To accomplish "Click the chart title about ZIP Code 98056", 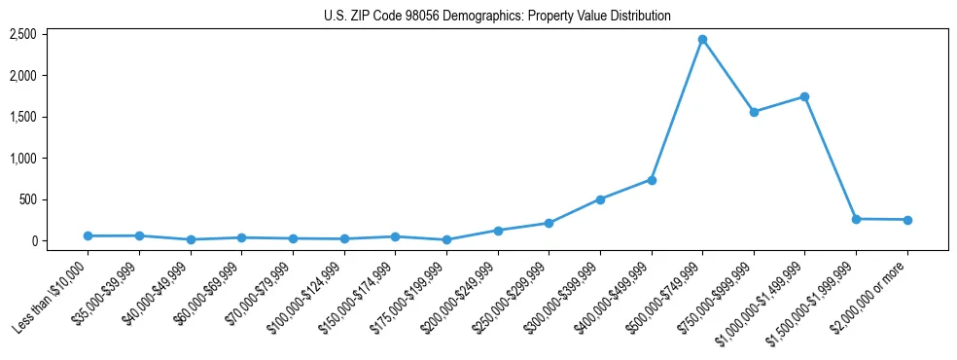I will click(x=497, y=17).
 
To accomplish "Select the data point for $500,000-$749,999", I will click(x=702, y=40).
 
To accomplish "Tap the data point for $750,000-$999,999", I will click(x=754, y=112).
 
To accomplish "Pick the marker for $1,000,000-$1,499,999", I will click(x=804, y=96).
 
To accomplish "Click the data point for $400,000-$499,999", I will click(x=652, y=180).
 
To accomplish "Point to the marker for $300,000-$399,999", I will click(x=600, y=199).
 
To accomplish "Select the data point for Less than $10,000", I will click(x=89, y=235).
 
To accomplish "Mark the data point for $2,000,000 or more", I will click(x=907, y=220).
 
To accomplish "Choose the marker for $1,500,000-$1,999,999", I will click(x=856, y=219).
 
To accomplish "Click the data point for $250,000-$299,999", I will click(x=549, y=223).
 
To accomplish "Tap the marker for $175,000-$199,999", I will click(x=446, y=239).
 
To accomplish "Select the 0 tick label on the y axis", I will click(x=33, y=241).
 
